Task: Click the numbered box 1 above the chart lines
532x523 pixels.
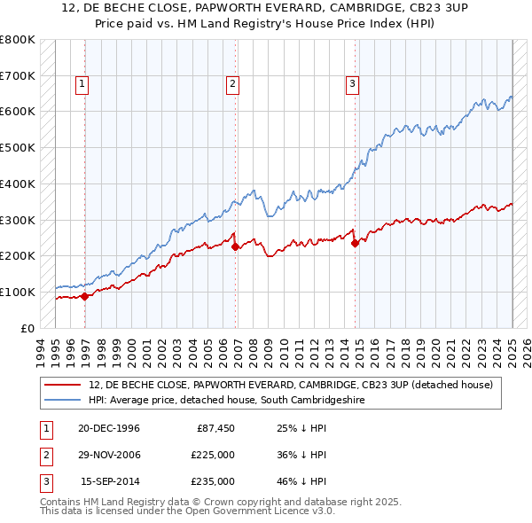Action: pyautogui.click(x=82, y=84)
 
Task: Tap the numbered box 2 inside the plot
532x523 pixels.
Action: pyautogui.click(x=232, y=84)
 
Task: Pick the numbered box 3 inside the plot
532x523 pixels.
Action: pyautogui.click(x=352, y=84)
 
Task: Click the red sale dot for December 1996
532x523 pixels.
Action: pyautogui.click(x=85, y=296)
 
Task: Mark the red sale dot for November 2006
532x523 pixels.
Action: pyautogui.click(x=236, y=247)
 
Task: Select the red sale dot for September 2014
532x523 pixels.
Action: pyautogui.click(x=355, y=243)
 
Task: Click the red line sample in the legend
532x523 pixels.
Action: pyautogui.click(x=64, y=385)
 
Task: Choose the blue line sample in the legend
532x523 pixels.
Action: pyautogui.click(x=64, y=401)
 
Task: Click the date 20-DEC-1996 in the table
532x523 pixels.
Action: pyautogui.click(x=109, y=428)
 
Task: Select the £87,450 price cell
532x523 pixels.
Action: pyautogui.click(x=214, y=428)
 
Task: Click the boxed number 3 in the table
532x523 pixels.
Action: pyautogui.click(x=43, y=481)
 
